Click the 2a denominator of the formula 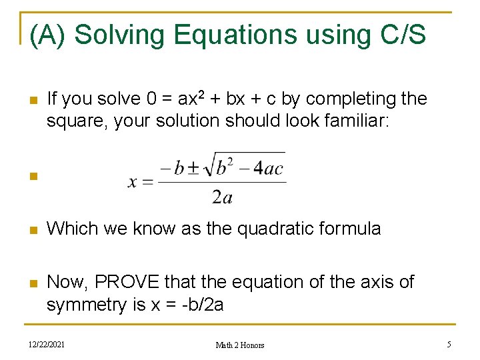click(x=221, y=196)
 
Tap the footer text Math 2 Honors click(x=240, y=345)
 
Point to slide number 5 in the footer click(x=449, y=344)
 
